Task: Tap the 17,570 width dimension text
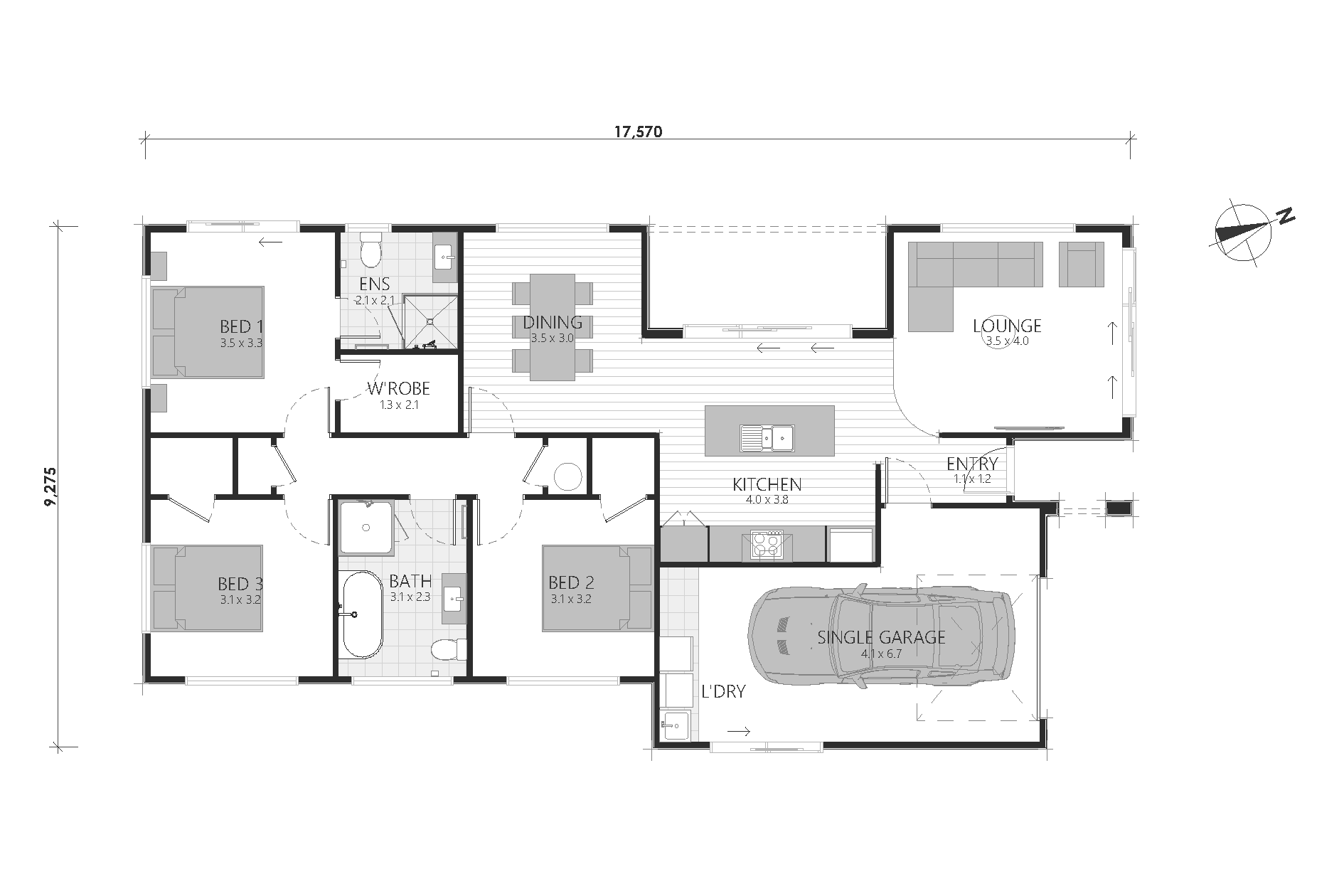[638, 131]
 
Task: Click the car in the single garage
[882, 636]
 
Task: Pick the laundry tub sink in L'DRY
[675, 726]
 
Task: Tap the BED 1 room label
[242, 326]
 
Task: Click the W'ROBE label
[398, 388]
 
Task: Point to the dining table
[553, 327]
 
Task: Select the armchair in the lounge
[1082, 264]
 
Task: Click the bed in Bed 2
[597, 588]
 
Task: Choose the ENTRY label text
[972, 464]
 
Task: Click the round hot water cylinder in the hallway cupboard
[568, 476]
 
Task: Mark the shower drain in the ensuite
[430, 321]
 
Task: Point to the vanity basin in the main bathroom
[454, 598]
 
